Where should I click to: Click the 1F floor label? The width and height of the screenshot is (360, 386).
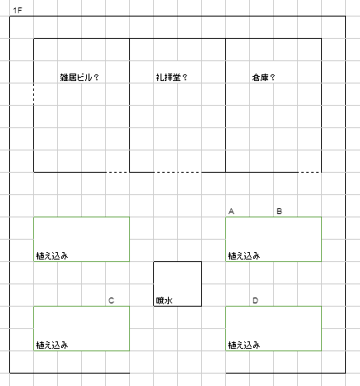tap(17, 11)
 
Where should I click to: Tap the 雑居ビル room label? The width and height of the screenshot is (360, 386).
tap(76, 78)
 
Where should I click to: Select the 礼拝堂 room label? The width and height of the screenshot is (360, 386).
tap(168, 78)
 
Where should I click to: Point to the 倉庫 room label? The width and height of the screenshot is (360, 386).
tap(260, 78)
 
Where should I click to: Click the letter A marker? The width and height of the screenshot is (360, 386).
tap(231, 212)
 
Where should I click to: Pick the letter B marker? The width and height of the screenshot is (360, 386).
tap(279, 212)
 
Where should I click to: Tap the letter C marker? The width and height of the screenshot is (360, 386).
tap(111, 300)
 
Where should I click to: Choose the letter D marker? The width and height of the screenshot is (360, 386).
tap(255, 300)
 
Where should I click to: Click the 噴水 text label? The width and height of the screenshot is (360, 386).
tap(164, 301)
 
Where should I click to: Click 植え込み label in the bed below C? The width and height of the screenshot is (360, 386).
tap(52, 345)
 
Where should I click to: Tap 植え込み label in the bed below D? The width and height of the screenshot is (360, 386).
tap(244, 345)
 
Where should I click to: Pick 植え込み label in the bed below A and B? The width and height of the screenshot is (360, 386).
tap(244, 256)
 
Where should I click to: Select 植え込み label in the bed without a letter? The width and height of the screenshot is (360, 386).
tap(52, 256)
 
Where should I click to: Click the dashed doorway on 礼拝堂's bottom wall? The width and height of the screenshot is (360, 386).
tap(177, 172)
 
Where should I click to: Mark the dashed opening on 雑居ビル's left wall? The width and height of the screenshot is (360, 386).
tap(34, 93)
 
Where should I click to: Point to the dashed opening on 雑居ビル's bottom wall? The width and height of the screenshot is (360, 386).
tap(118, 172)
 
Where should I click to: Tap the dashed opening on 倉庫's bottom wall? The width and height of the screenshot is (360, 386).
tap(310, 172)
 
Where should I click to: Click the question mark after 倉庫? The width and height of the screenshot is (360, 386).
tap(272, 78)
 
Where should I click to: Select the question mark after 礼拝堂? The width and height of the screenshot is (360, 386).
tap(185, 78)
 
